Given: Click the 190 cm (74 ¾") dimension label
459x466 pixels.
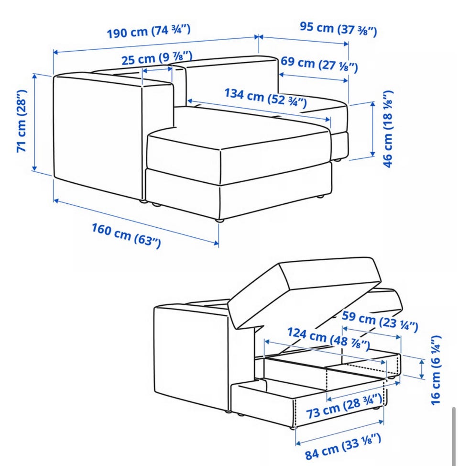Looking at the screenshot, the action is click(149, 31).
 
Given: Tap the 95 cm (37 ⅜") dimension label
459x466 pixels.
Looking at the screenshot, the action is click(338, 29).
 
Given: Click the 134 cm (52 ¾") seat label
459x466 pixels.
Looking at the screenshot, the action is click(265, 98).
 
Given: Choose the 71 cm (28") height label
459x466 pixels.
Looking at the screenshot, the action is click(22, 121).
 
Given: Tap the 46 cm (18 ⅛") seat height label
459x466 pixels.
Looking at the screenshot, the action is click(388, 129).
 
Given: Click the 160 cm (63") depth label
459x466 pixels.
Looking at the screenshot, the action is click(126, 236).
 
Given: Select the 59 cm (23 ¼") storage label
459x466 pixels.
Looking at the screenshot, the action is click(380, 321).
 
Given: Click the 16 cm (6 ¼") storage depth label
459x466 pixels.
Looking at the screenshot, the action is click(436, 370).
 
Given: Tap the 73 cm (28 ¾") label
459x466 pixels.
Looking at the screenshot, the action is click(344, 406).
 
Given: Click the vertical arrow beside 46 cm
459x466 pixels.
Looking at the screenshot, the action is click(373, 129).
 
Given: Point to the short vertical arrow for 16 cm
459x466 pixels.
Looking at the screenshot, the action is click(422, 369).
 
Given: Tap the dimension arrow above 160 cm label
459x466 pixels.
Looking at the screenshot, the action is click(136, 222).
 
